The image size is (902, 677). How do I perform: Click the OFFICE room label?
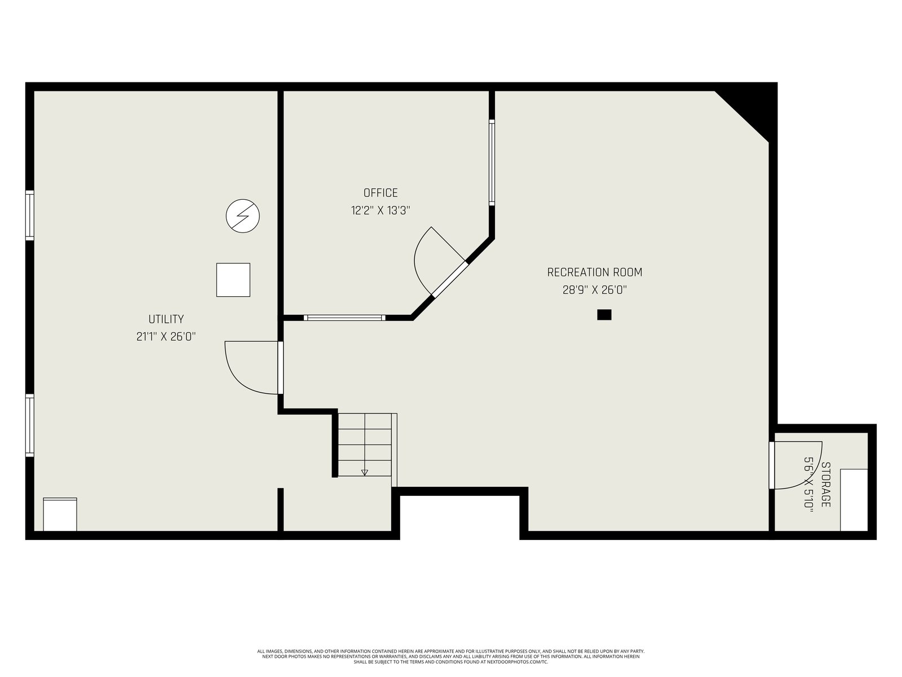381,193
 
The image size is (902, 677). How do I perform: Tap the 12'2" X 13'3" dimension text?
381,210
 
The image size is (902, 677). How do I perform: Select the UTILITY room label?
166,319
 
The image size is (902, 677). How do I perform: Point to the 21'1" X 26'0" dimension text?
166,337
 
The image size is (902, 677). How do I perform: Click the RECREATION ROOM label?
595,272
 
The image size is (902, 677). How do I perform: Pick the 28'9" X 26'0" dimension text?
595,290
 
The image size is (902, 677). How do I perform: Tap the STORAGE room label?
825,485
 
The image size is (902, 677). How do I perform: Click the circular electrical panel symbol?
243,216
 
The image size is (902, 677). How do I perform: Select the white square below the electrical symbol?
233,280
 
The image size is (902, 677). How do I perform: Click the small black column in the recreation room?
604,314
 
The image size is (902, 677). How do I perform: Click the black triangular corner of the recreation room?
751,108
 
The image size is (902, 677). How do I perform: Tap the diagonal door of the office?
450,279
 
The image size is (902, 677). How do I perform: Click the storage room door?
795,465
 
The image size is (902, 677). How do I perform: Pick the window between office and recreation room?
492,162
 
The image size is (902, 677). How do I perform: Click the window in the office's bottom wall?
344,318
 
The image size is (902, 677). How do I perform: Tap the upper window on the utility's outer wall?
29,215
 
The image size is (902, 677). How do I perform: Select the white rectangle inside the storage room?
854,500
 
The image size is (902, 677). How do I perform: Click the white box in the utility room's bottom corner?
60,514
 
